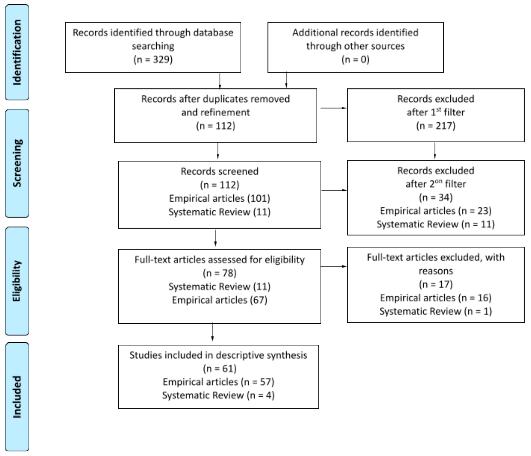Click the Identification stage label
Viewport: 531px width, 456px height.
pos(17,52)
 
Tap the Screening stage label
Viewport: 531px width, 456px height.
pos(17,163)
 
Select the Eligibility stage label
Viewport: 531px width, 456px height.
pos(17,281)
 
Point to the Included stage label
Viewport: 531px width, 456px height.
pos(17,397)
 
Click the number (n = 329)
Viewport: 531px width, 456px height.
pos(153,59)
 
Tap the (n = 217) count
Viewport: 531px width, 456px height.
pos(435,126)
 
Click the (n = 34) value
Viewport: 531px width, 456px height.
pos(435,197)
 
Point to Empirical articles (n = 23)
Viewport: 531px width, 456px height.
pos(435,211)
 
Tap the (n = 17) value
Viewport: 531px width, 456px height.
pos(435,284)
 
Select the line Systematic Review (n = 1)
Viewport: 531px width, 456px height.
pos(435,311)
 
